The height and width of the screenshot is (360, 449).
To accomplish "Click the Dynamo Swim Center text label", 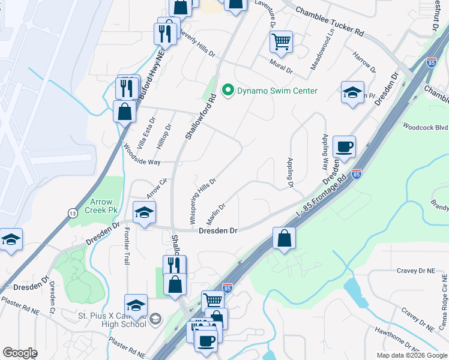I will pos(277,91).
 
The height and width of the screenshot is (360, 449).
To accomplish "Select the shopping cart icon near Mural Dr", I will pos(281,42).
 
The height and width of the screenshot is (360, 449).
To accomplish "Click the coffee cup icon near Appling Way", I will pos(345,146).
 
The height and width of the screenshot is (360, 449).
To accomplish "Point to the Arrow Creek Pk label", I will pos(104,206).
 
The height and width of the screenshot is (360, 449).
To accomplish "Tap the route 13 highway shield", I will pos(73,212).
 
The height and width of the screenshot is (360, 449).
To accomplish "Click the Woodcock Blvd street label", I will pos(426,127).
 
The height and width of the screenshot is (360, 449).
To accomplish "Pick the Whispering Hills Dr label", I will pos(203,201).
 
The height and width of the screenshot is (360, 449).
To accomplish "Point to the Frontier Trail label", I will pos(127,250).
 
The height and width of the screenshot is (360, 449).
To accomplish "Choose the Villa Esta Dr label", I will pos(146,133).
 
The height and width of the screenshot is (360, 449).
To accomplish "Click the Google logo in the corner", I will pos(20,353).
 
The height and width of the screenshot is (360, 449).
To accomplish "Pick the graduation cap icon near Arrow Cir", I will pos(145,212).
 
